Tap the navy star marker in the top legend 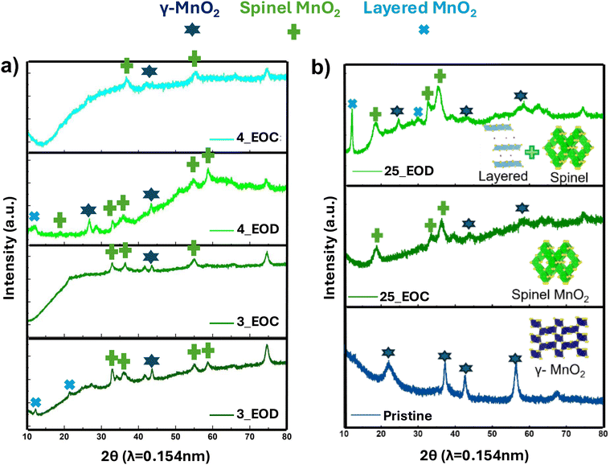pos(191,30)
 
